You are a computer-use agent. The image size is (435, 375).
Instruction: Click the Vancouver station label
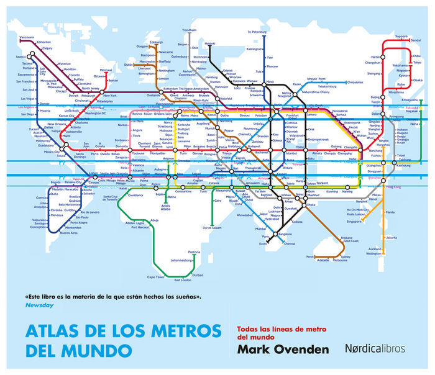[x=27, y=38]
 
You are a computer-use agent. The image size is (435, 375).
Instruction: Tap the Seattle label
[x=21, y=56]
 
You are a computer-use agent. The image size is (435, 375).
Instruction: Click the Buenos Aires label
[x=69, y=233]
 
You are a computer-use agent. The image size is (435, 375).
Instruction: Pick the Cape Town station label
[x=155, y=277]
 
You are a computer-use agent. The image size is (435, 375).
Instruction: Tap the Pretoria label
[x=194, y=251]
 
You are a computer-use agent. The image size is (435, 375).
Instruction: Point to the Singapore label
[x=354, y=221]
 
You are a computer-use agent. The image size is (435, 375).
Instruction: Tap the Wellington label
[x=373, y=253]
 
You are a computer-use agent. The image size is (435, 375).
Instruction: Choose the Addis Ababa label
[x=165, y=207]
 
